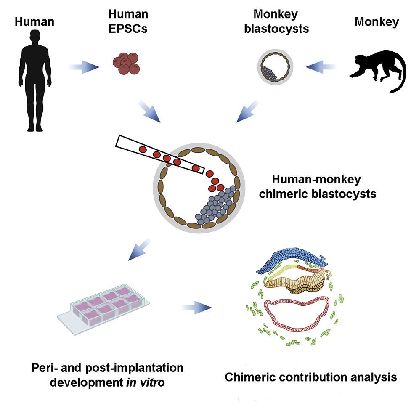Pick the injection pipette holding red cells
coord(160,156)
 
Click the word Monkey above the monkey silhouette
coord(377,22)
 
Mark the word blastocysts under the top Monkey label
coord(282,29)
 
